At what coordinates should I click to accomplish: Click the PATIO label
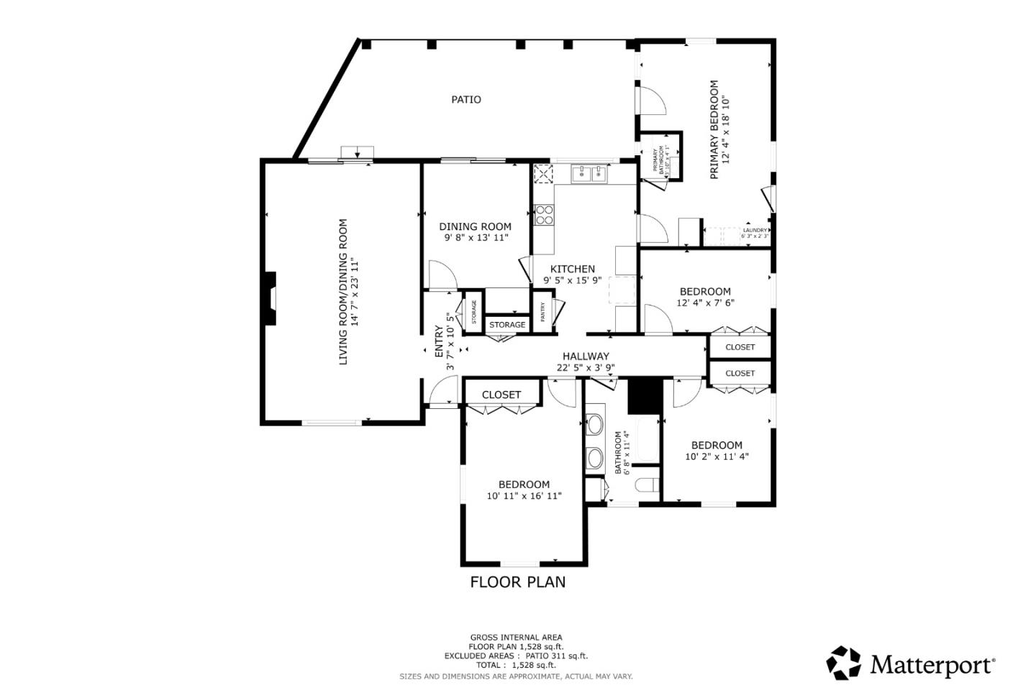[466, 99]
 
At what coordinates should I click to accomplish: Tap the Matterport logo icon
[843, 663]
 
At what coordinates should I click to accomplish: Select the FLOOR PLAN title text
[517, 582]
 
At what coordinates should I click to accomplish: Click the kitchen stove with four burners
[544, 215]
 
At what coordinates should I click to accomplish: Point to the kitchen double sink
[590, 173]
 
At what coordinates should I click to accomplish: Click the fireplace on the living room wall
[270, 298]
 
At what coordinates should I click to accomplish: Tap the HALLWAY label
[586, 356]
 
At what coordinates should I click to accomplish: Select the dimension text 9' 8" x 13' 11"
[476, 237]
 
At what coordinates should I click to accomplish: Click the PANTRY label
[542, 311]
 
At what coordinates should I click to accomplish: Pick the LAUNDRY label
[755, 230]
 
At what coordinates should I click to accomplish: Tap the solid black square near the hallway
[645, 397]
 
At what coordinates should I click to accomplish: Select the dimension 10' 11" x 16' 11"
[524, 496]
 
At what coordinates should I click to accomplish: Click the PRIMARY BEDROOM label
[714, 129]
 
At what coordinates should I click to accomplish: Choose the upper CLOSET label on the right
[740, 347]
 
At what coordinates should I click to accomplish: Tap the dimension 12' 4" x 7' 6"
[705, 303]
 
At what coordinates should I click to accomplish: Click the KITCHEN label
[573, 269]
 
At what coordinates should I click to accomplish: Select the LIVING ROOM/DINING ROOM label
[343, 291]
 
